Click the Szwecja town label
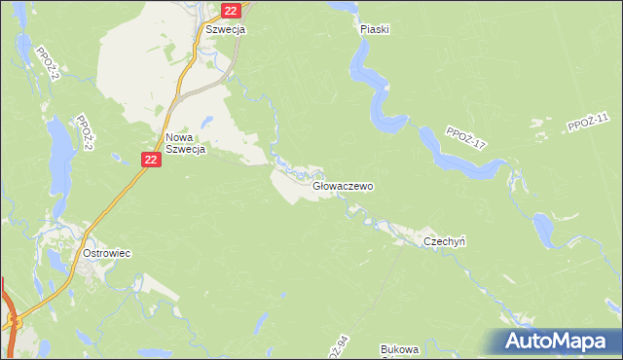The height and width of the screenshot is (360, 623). (x=225, y=29)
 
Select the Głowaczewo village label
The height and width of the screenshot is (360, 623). (x=344, y=186)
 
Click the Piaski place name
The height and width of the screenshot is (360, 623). (x=374, y=29)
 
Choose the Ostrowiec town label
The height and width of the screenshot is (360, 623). (x=107, y=253)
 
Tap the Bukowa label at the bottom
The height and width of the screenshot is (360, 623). (x=399, y=348)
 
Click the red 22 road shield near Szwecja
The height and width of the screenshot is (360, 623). (x=230, y=11)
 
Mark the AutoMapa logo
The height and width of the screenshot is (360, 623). (x=558, y=342)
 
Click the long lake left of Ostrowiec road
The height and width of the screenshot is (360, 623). (x=58, y=141)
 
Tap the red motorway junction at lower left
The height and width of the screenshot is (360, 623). (x=13, y=321)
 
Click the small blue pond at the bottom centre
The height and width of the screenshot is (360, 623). (x=261, y=320)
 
